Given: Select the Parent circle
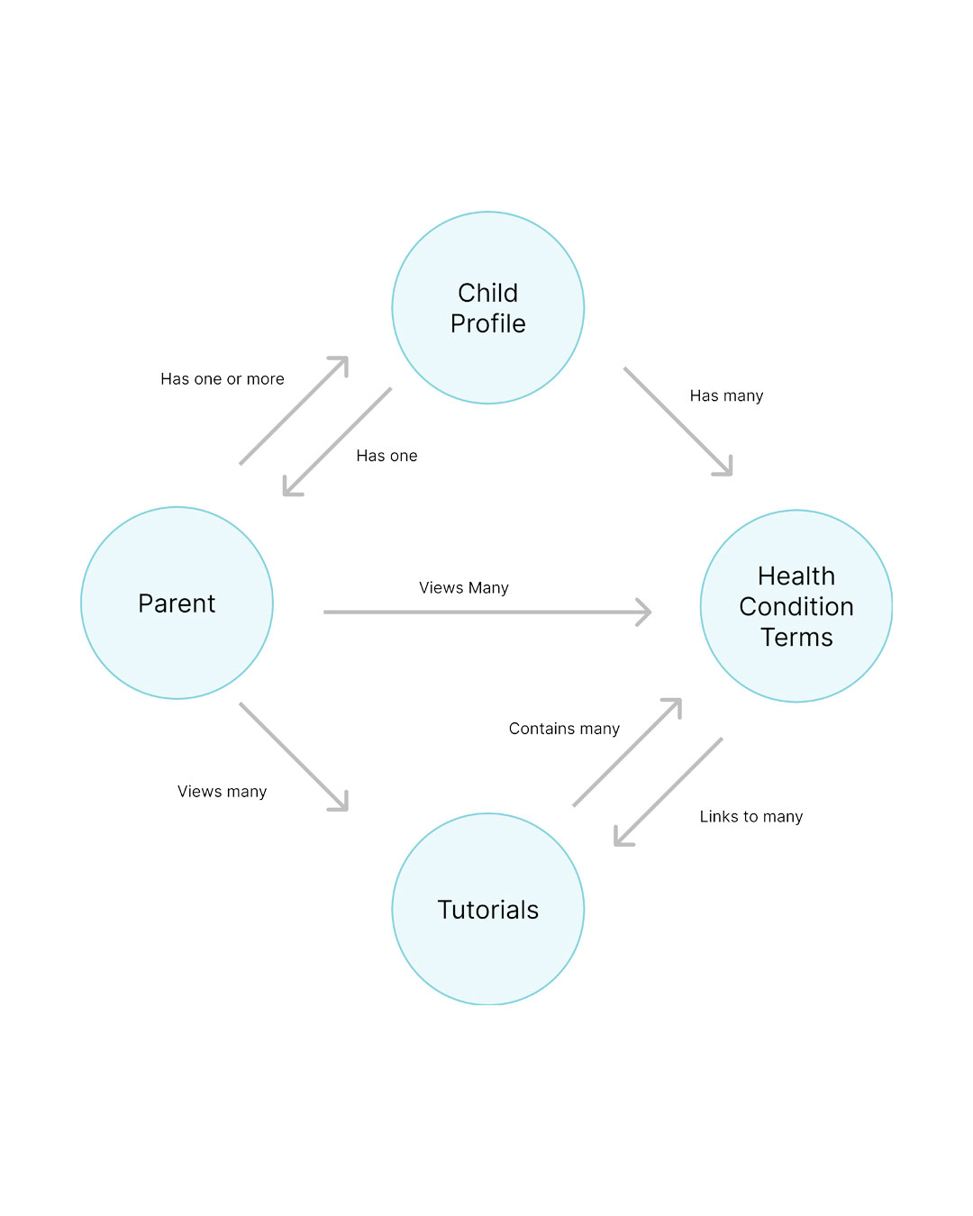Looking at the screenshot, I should pos(177,603).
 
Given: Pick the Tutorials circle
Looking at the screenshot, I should pos(487,909).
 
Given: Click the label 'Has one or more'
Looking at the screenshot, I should pos(223,379).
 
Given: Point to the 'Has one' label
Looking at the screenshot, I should pos(386,456).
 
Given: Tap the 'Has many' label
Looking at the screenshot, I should pos(726,395).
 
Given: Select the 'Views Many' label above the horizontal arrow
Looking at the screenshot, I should pos(464,588).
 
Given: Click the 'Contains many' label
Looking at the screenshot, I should pos(564,729).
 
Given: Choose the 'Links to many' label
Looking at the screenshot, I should pos(751,817).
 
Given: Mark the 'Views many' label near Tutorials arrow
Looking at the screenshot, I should pos(223,792).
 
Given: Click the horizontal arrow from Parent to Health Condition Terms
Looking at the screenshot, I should pos(486,613).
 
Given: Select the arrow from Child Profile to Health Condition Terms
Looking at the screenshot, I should pos(677,421).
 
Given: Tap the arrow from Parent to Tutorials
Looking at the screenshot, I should pos(293,757).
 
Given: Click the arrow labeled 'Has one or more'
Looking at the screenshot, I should pos(293,411).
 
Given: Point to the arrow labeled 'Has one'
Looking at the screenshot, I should pos(338,441).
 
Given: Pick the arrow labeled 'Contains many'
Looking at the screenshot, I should pos(627,752).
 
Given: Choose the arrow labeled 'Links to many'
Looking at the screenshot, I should pos(668,792).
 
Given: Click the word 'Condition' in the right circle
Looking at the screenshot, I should pos(796,607).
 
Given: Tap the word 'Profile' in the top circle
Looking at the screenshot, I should pos(487,324).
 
